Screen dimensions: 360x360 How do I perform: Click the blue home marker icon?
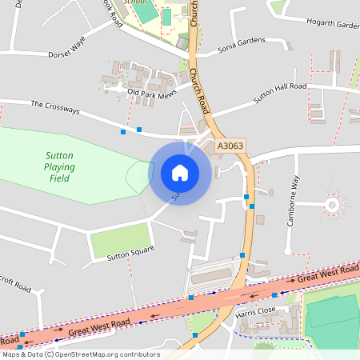click(x=180, y=172)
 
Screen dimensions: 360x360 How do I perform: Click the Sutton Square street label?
click(x=130, y=254)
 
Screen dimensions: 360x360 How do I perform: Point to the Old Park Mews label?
click(x=151, y=94)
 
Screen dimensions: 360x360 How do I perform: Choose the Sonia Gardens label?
click(x=241, y=49)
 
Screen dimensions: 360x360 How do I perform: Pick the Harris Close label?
click(x=256, y=310)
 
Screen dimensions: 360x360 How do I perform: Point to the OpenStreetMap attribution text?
click(x=80, y=354)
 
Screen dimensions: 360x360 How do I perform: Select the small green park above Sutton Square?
click(x=120, y=239)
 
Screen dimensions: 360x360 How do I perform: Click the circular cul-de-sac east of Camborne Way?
click(x=334, y=206)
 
